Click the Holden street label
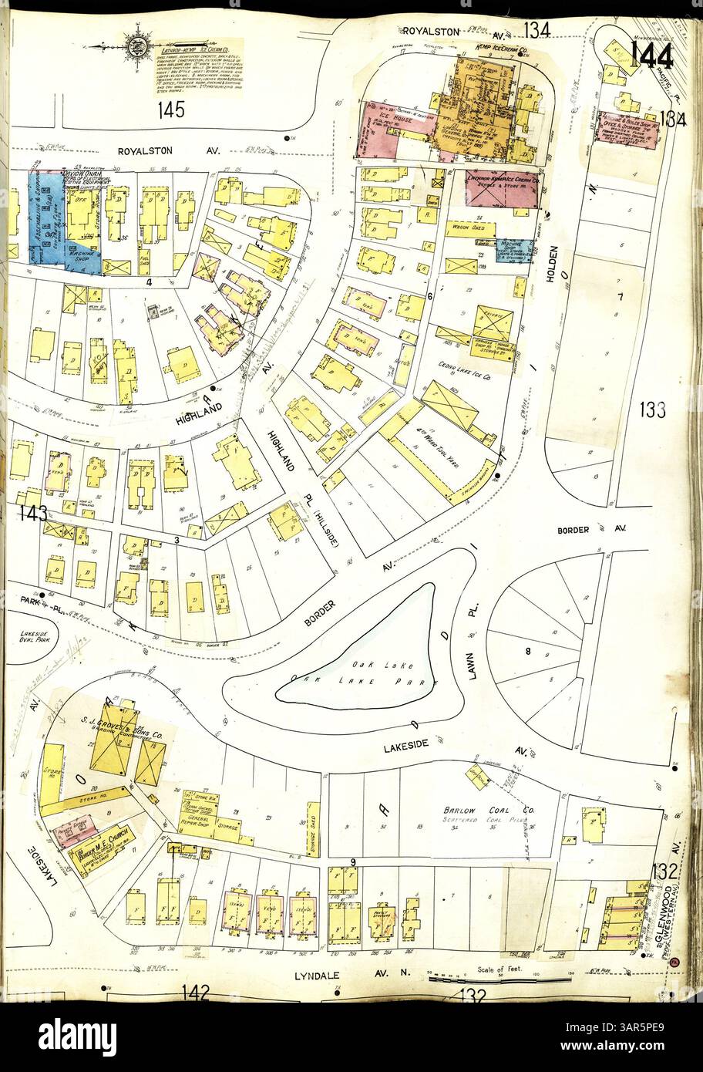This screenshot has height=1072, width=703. coord(552,269)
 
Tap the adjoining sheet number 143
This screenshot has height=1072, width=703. coord(34,512)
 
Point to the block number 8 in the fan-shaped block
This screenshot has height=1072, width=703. coord(529,652)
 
